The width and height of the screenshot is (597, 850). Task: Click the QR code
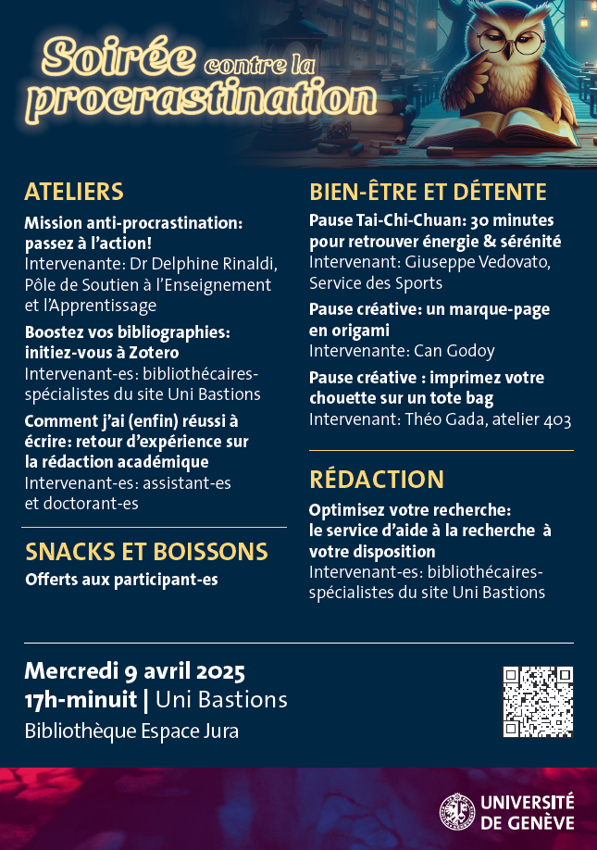click(x=538, y=702)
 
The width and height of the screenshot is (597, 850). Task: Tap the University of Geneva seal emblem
click(x=456, y=810)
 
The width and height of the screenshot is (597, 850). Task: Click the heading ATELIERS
click(x=74, y=192)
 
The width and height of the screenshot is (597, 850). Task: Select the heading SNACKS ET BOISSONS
click(x=146, y=552)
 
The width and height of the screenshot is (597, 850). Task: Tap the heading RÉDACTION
click(x=377, y=479)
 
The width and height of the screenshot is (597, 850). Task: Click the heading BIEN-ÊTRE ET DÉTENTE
click(x=428, y=192)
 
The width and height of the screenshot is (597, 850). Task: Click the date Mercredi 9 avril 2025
click(x=134, y=669)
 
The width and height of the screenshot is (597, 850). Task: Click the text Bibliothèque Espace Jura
click(x=131, y=731)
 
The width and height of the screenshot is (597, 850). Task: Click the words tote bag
click(x=461, y=398)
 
